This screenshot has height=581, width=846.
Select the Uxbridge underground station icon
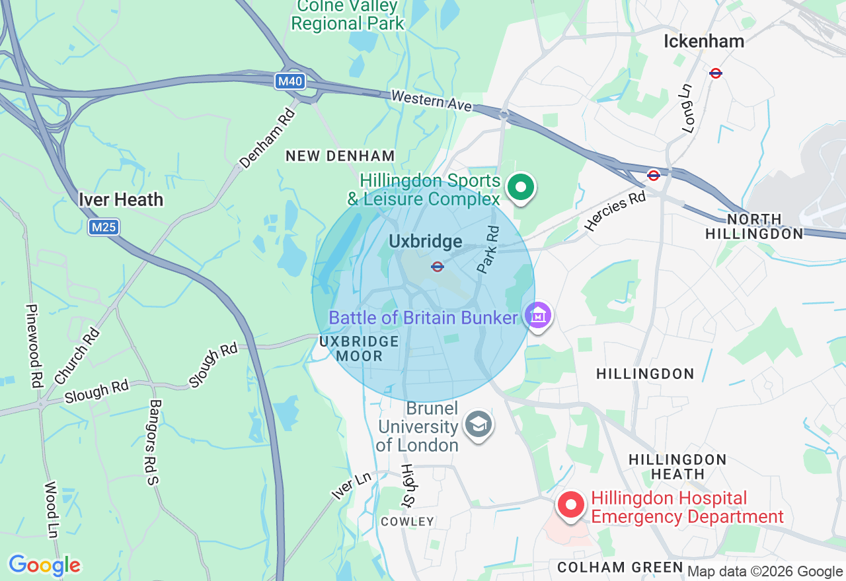pos(437,267)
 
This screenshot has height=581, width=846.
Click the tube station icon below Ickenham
pos(715,73)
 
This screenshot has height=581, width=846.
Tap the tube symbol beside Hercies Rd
pos(654,175)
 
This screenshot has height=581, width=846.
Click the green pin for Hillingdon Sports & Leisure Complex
pos(521,188)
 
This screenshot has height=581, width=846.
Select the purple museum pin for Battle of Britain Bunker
pos(539,316)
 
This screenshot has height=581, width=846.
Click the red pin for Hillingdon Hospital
pos(570,506)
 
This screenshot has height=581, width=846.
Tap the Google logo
pos(44,565)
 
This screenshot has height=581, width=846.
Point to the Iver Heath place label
pos(120,199)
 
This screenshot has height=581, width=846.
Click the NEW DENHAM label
pos(340,156)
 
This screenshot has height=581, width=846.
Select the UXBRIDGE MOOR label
pos(359,349)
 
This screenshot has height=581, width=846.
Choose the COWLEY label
pos(408,522)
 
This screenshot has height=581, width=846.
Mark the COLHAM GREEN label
pos(620,567)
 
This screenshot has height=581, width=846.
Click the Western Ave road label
pos(432,101)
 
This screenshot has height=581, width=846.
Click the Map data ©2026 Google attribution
pos(765,572)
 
